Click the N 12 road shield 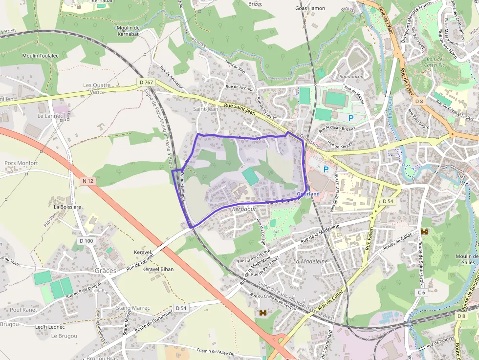[x=87, y=181]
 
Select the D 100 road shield [x=86, y=241]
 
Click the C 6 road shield [x=422, y=292]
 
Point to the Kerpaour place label [x=244, y=209]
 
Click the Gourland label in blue [x=308, y=194]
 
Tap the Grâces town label [x=106, y=271]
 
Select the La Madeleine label [x=310, y=262]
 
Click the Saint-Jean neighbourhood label [x=206, y=109]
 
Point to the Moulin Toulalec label [x=40, y=56]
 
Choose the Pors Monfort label [x=21, y=163]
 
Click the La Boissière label [x=67, y=207]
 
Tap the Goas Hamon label [x=310, y=8]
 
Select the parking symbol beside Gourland [x=326, y=169]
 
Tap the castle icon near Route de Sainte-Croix [x=424, y=232]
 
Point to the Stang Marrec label [x=133, y=308]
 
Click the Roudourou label [x=351, y=76]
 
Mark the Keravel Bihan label [x=157, y=269]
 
